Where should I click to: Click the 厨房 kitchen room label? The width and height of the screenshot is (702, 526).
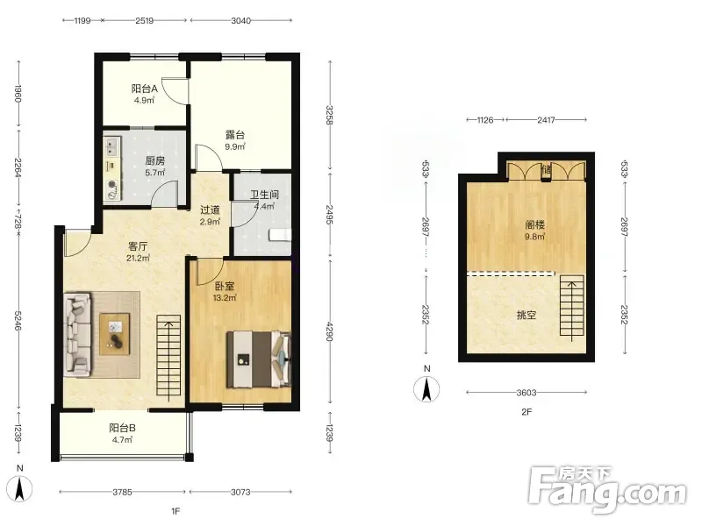(x=155, y=160)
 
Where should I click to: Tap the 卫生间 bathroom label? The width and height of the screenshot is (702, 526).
(x=264, y=195)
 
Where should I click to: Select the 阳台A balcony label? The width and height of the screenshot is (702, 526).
(x=144, y=89)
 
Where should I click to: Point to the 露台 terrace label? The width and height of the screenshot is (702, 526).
(x=235, y=135)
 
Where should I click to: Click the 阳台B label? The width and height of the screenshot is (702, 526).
(x=122, y=428)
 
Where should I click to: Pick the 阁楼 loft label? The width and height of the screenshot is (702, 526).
(x=534, y=225)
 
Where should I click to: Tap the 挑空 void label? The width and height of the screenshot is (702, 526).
(x=526, y=315)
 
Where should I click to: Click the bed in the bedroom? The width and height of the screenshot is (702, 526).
(x=258, y=359)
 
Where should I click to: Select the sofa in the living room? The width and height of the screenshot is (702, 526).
(x=77, y=334)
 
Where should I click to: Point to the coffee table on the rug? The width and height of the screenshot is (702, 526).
(x=115, y=334)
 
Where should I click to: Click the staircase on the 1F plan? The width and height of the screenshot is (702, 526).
(x=168, y=356)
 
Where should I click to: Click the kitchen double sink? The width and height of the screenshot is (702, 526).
(x=112, y=146)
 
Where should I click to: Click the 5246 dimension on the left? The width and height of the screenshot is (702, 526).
(x=18, y=321)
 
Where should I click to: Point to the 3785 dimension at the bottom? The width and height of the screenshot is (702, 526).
(x=122, y=492)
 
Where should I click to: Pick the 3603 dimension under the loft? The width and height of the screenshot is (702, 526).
(x=526, y=393)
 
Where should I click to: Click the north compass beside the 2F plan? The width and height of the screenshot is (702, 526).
(x=426, y=388)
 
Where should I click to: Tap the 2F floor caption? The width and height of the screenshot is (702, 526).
(x=526, y=412)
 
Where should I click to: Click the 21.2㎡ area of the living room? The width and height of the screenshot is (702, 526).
(x=138, y=258)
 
